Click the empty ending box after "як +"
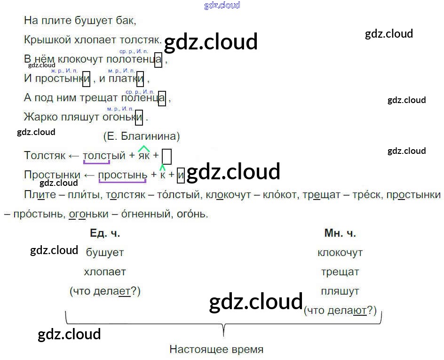coord(166,156)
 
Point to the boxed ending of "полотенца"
coord(159,60)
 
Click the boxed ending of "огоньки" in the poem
coord(139,117)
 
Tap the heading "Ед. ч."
coord(102,233)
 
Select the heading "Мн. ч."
coord(340,233)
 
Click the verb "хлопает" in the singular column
coord(105,272)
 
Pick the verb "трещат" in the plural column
coord(340,272)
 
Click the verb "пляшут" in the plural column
coord(340,291)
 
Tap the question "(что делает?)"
coord(105,291)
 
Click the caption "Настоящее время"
coord(216,350)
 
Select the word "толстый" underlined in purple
coord(104,156)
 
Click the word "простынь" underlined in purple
coord(123,175)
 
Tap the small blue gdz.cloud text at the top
coord(222,5)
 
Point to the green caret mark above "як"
coord(143,149)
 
